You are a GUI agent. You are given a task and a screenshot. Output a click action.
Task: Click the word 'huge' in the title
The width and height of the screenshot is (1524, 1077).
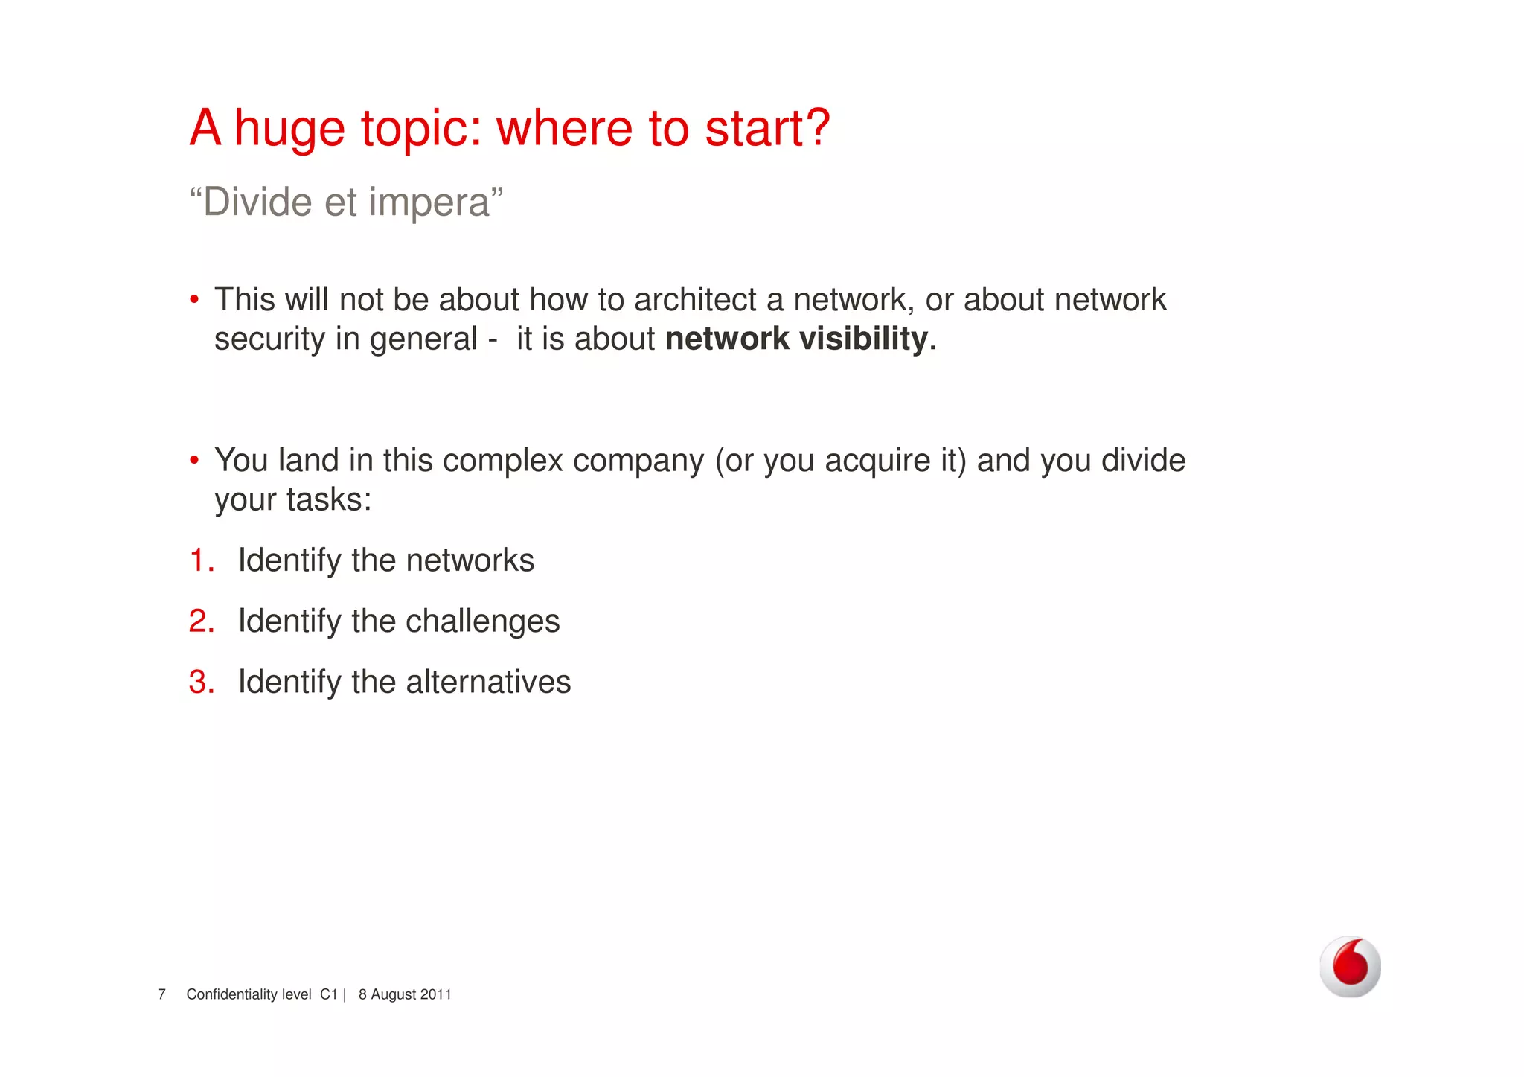click(x=289, y=130)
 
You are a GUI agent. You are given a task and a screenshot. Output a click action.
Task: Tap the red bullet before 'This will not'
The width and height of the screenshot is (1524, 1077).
click(x=194, y=300)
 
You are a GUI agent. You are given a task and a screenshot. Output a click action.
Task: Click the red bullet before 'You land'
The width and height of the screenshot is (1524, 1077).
click(x=194, y=461)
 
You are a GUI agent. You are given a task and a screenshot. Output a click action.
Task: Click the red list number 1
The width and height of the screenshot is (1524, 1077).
click(x=201, y=560)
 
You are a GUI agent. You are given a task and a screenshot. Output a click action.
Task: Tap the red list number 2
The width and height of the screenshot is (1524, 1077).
click(x=201, y=621)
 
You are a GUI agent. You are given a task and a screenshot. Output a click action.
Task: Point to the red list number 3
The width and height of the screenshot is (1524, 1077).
click(x=201, y=683)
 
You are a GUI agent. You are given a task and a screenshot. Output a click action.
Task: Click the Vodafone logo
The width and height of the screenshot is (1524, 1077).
click(x=1350, y=966)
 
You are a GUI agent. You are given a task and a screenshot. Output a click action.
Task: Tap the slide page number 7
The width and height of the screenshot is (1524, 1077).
click(x=161, y=994)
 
